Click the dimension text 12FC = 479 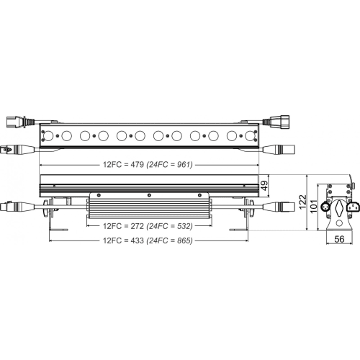click(123, 164)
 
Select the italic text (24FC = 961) click(170, 164)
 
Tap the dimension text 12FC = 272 click(123, 226)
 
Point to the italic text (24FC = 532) click(170, 226)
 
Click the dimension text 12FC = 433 click(123, 240)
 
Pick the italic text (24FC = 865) click(170, 240)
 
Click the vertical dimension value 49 click(264, 186)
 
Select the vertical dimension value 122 click(303, 202)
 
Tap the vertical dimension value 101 click(313, 206)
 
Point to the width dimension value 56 click(339, 239)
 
